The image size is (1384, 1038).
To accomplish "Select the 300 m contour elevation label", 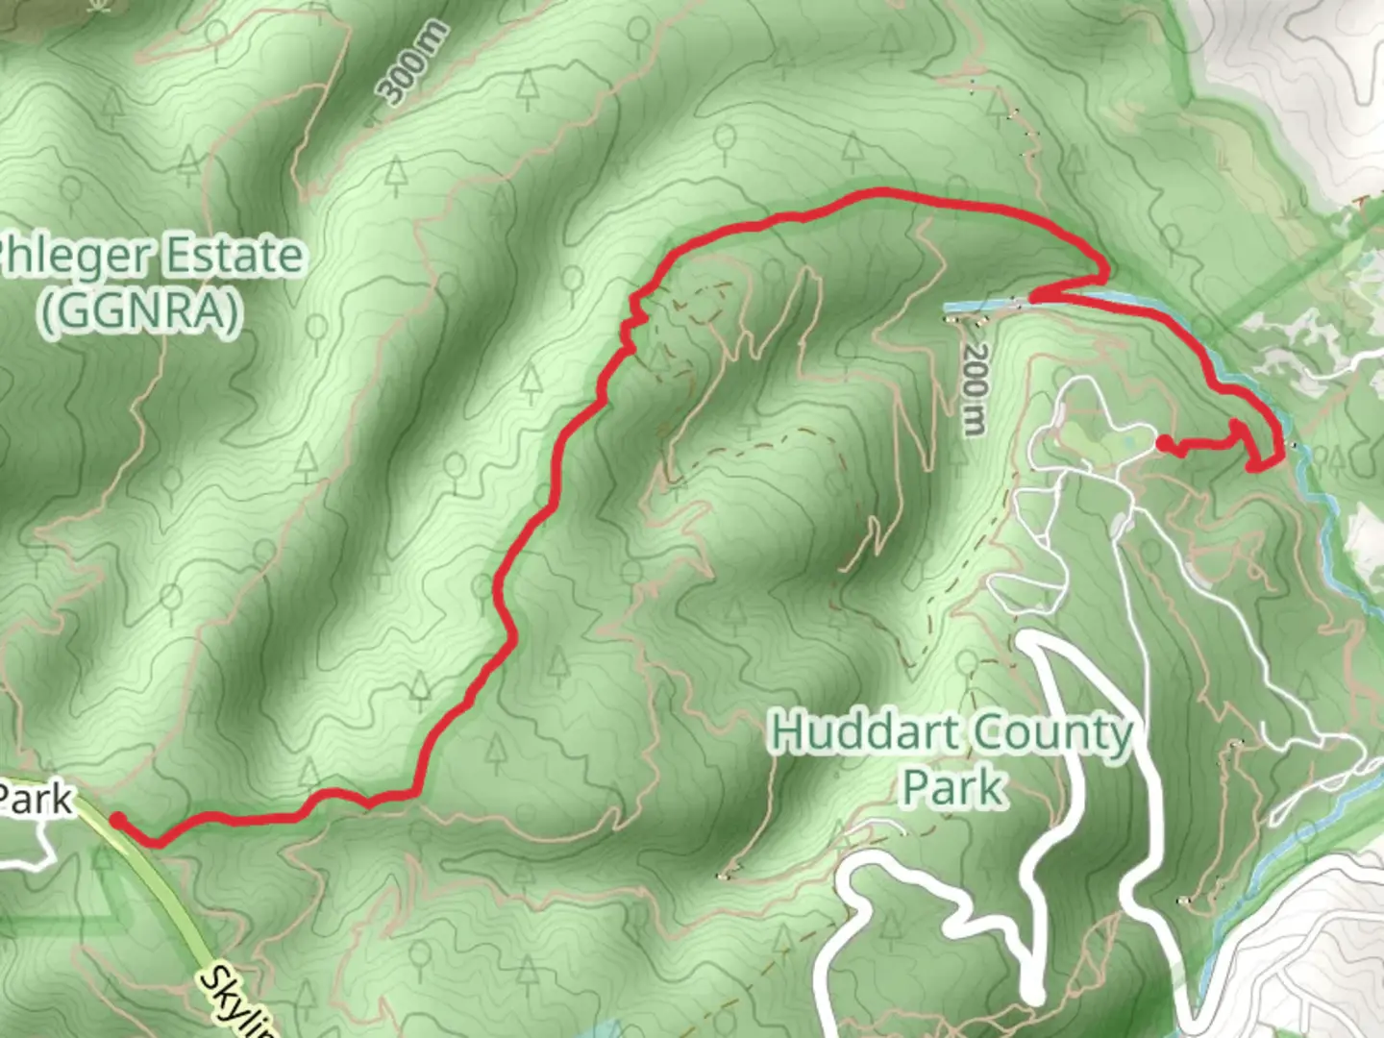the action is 413,63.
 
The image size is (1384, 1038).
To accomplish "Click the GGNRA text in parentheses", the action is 140,313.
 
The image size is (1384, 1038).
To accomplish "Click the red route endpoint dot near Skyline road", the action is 116,819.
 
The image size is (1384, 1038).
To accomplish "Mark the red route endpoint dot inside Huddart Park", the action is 1163,443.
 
